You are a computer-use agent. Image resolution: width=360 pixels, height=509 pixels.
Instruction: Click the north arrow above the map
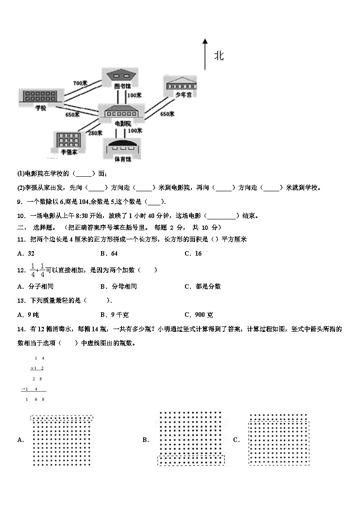point(205,54)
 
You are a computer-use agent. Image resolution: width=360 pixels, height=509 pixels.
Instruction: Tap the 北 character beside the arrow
point(219,56)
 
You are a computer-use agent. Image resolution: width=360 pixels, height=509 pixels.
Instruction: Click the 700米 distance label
point(80,83)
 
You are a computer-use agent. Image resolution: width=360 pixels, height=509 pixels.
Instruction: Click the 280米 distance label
point(95,133)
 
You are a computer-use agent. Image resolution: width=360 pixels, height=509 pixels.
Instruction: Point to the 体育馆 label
point(122,159)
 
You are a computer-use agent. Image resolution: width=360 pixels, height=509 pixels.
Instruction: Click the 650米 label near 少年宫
point(167,114)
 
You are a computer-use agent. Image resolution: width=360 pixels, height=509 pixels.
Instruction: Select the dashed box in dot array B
point(191,460)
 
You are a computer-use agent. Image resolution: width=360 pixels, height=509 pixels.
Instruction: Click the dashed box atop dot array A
point(62,418)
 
